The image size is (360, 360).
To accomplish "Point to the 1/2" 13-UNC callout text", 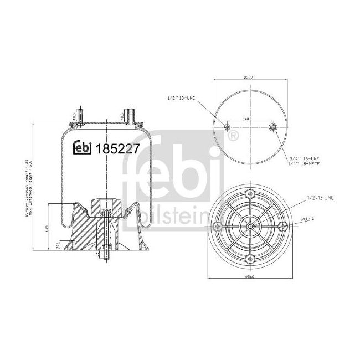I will pos(182,98).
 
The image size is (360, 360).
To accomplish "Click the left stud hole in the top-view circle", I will pos(227,128).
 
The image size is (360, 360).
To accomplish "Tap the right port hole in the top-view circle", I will pos(272,128).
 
